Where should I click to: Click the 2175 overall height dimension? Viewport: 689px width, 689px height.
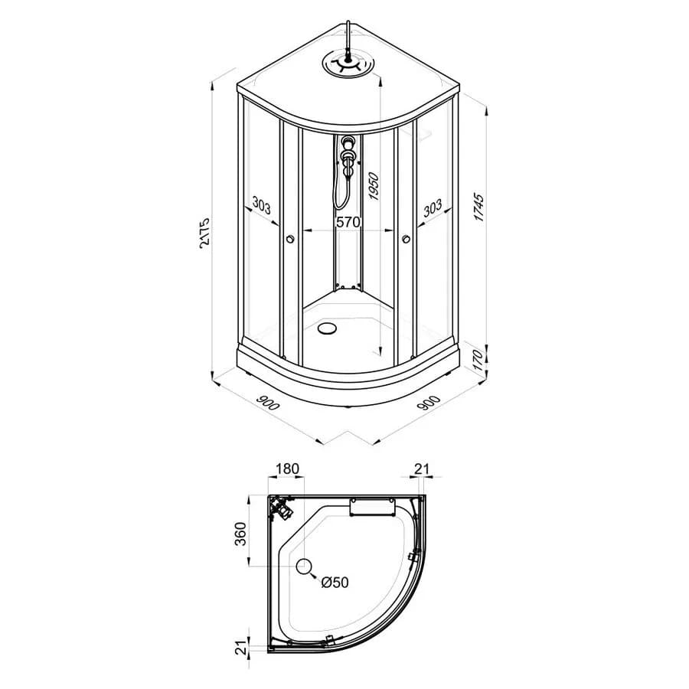click(x=204, y=233)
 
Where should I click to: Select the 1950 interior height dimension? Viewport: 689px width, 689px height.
click(x=373, y=186)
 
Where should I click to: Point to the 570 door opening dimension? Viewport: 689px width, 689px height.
click(x=348, y=222)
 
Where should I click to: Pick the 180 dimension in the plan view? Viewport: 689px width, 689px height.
click(x=287, y=469)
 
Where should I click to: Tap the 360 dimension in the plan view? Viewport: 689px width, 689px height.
click(x=240, y=534)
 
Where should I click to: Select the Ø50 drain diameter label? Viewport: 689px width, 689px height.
click(x=335, y=583)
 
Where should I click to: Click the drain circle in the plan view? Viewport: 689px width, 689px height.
click(x=304, y=567)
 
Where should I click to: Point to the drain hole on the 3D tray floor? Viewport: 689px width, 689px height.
click(x=328, y=328)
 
